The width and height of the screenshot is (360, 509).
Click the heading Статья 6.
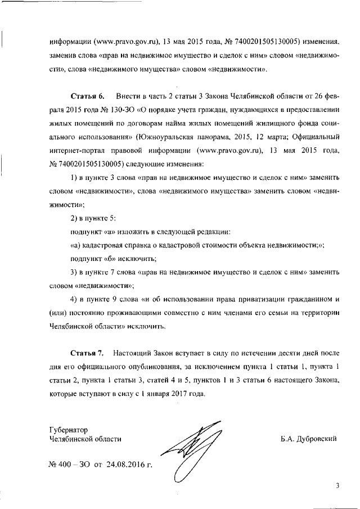pyautogui.click(x=88, y=98)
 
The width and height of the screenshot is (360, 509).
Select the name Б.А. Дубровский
pyautogui.click(x=308, y=439)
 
